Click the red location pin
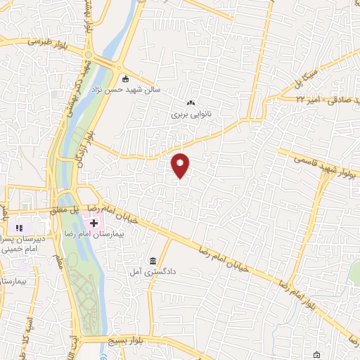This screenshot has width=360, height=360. (x=181, y=165)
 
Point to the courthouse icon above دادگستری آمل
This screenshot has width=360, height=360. (x=153, y=259)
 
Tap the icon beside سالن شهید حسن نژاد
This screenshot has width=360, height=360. (x=125, y=78)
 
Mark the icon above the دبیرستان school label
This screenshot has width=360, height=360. (x=19, y=228)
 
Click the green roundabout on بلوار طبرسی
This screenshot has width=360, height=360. (x=88, y=55)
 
